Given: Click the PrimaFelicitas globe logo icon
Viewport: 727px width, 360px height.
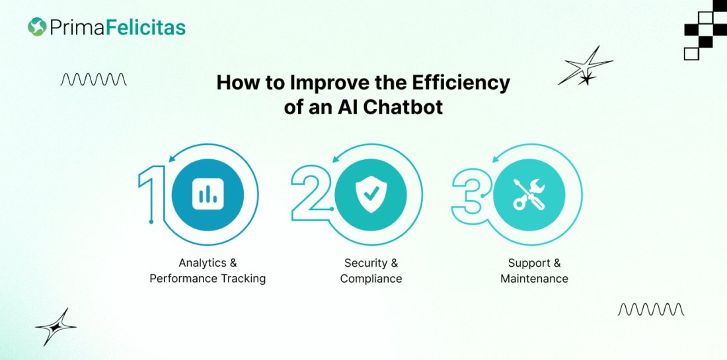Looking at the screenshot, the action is [37, 27].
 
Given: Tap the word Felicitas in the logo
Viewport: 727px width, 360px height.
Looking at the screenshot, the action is [145, 27].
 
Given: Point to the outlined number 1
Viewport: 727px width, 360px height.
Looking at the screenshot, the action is [151, 192].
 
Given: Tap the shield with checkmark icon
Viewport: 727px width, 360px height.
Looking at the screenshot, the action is [371, 195].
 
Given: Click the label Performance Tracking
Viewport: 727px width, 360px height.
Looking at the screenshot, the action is [208, 279].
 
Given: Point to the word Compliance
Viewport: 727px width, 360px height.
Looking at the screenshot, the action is [371, 279].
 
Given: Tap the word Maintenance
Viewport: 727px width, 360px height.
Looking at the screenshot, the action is [534, 279].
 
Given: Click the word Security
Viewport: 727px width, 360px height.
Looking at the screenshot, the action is [365, 263].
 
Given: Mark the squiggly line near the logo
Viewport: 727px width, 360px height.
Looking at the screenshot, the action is [94, 79].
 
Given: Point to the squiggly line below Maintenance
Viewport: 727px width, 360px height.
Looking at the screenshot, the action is [651, 309].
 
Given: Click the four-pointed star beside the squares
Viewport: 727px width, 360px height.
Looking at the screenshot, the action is [585, 66].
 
